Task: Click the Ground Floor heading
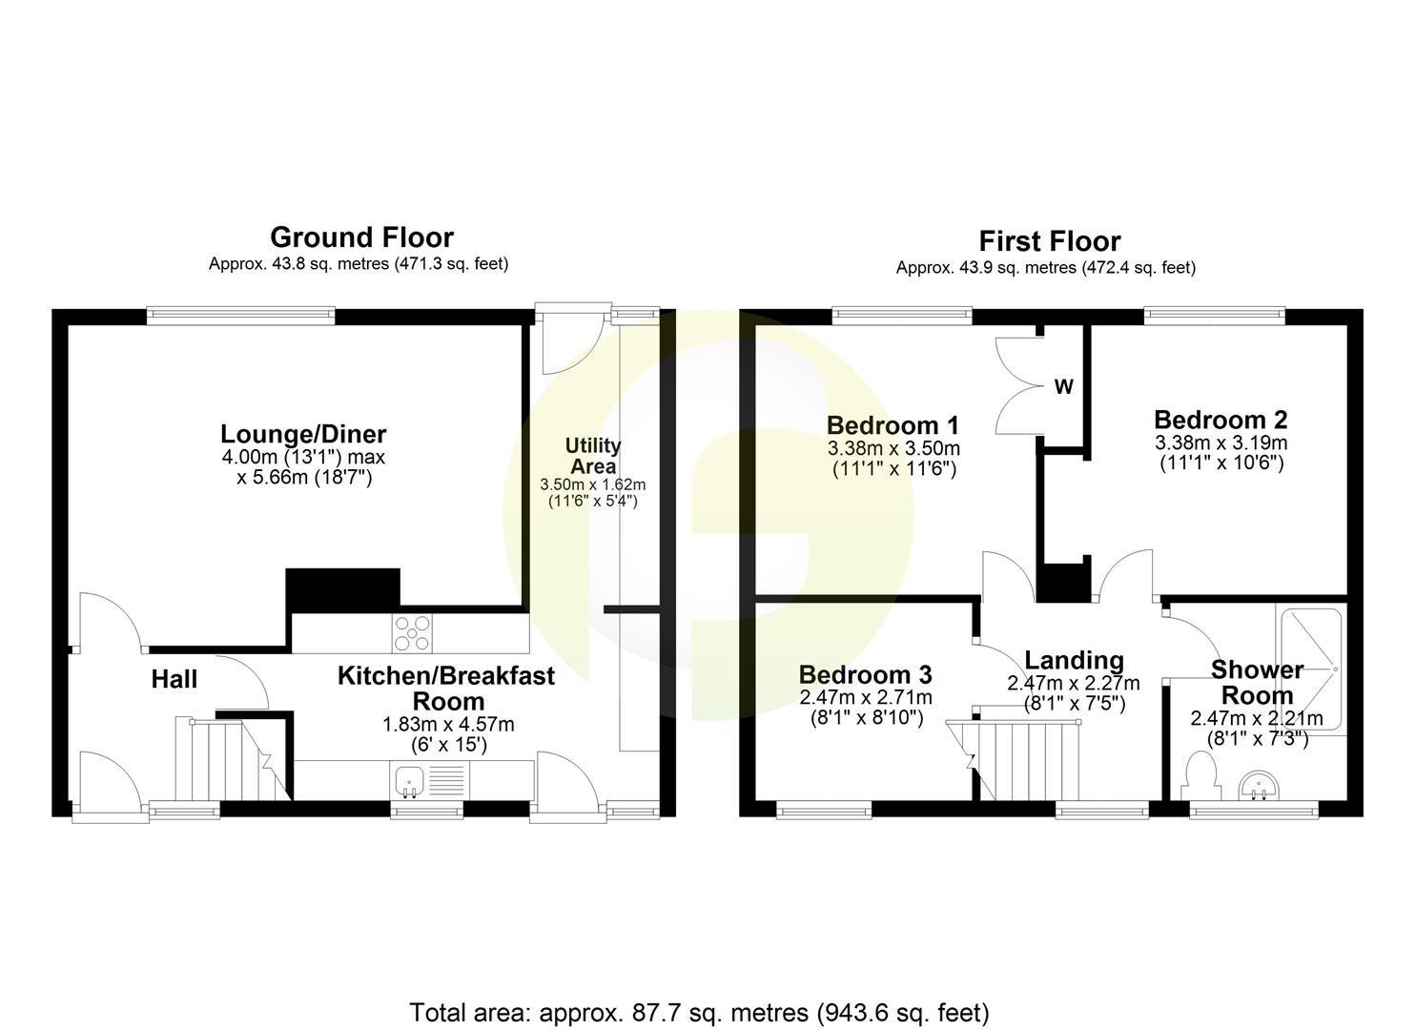361,237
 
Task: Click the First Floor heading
1049,241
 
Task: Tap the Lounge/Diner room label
303,433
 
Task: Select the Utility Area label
592,456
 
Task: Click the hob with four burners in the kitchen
412,633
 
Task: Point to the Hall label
174,679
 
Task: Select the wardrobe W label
1063,387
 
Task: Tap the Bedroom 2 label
1221,420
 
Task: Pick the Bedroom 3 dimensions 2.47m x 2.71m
866,698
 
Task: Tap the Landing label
1074,660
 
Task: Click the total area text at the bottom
699,1012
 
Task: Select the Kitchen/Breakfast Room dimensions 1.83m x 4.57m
435,724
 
